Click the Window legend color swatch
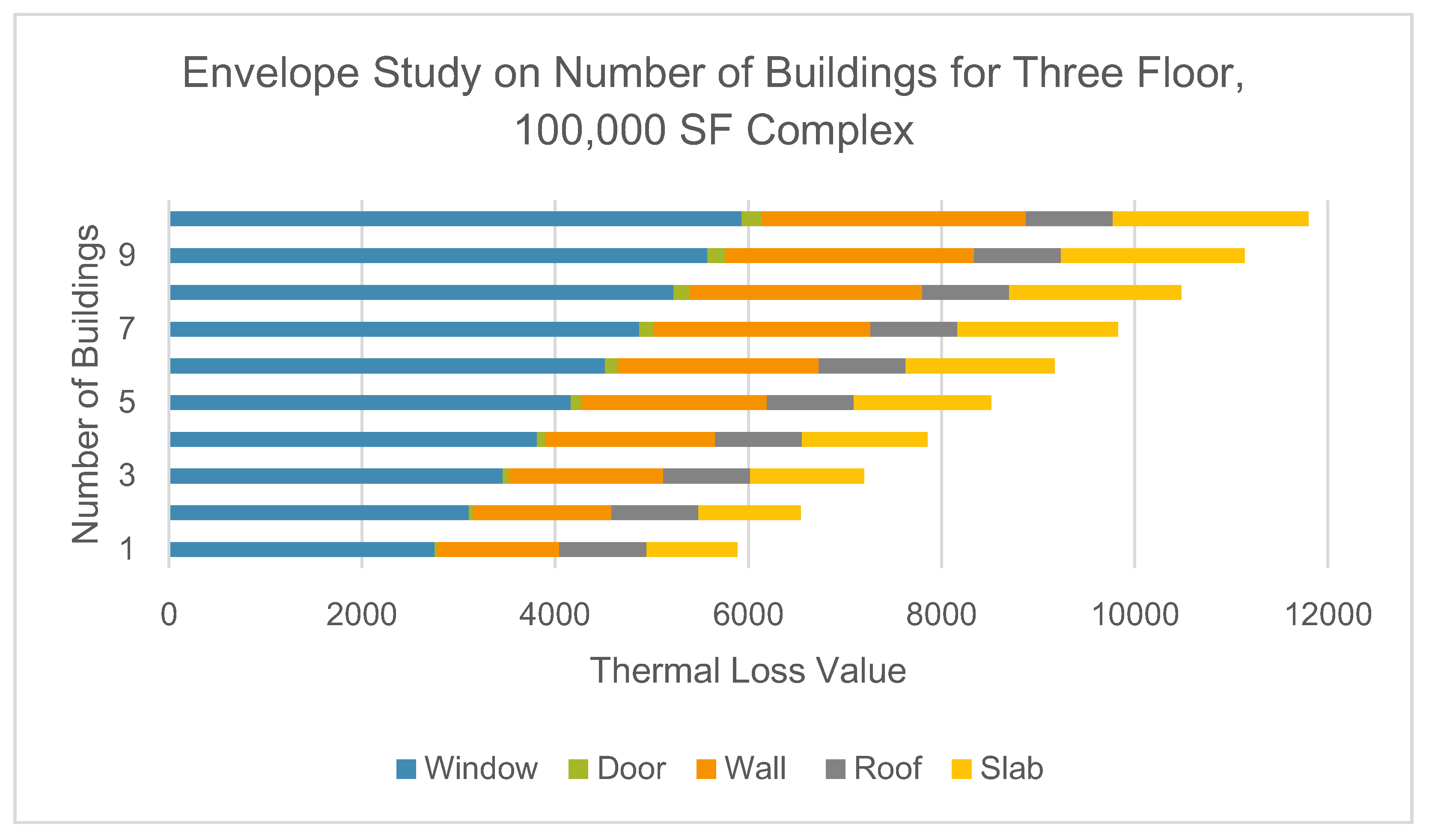tap(406, 769)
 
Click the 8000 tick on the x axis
tap(941, 614)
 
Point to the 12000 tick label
tap(1328, 614)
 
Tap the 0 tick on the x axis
tap(169, 614)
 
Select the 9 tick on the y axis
tap(127, 255)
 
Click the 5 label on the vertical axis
tap(127, 402)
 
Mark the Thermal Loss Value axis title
tap(747, 671)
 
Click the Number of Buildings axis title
tap(86, 384)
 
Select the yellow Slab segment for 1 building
tap(691, 549)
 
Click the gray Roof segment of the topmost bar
tap(1069, 219)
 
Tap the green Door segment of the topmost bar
tap(751, 219)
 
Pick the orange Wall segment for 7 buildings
tap(761, 329)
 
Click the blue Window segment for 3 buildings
tap(336, 476)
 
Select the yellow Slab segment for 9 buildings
tap(1152, 255)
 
